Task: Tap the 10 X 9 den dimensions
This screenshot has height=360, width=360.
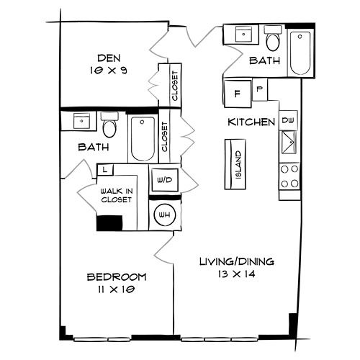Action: pos(109,71)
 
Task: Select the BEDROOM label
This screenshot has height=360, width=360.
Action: pos(117,277)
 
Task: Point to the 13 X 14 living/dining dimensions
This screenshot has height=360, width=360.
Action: pos(237,274)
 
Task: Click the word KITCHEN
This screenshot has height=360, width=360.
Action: pos(251,122)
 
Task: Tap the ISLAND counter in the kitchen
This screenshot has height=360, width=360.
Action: pos(235,164)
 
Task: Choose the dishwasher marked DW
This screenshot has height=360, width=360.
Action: pos(288,120)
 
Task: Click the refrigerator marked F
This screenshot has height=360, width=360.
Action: pos(238,94)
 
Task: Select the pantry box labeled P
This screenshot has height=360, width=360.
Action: pos(260,89)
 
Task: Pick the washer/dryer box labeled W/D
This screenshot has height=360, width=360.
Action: pos(165,180)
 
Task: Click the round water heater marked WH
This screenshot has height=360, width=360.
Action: pos(165,215)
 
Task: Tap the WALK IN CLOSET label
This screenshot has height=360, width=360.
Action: pos(117,195)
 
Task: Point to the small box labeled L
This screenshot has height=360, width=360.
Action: pos(105,170)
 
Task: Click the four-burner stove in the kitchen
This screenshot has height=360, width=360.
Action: pos(289,176)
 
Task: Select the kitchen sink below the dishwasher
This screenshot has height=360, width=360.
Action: pos(289,143)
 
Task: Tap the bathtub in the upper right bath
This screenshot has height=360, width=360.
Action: pos(300,53)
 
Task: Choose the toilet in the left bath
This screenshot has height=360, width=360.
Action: pos(109,125)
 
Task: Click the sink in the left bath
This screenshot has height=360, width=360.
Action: pos(81,121)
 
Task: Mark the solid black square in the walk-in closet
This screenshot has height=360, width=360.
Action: pos(109,223)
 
